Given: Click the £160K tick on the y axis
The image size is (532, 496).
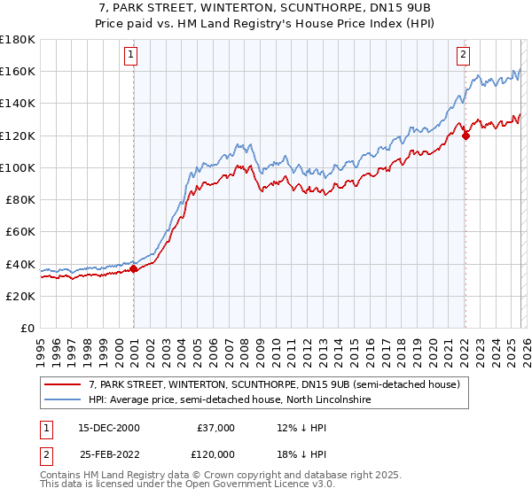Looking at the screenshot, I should tap(18, 71).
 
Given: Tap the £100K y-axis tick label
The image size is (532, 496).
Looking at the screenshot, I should tap(18, 167).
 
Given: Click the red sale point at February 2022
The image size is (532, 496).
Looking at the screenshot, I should tap(465, 136).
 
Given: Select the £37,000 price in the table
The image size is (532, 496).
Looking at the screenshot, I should tap(215, 428).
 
